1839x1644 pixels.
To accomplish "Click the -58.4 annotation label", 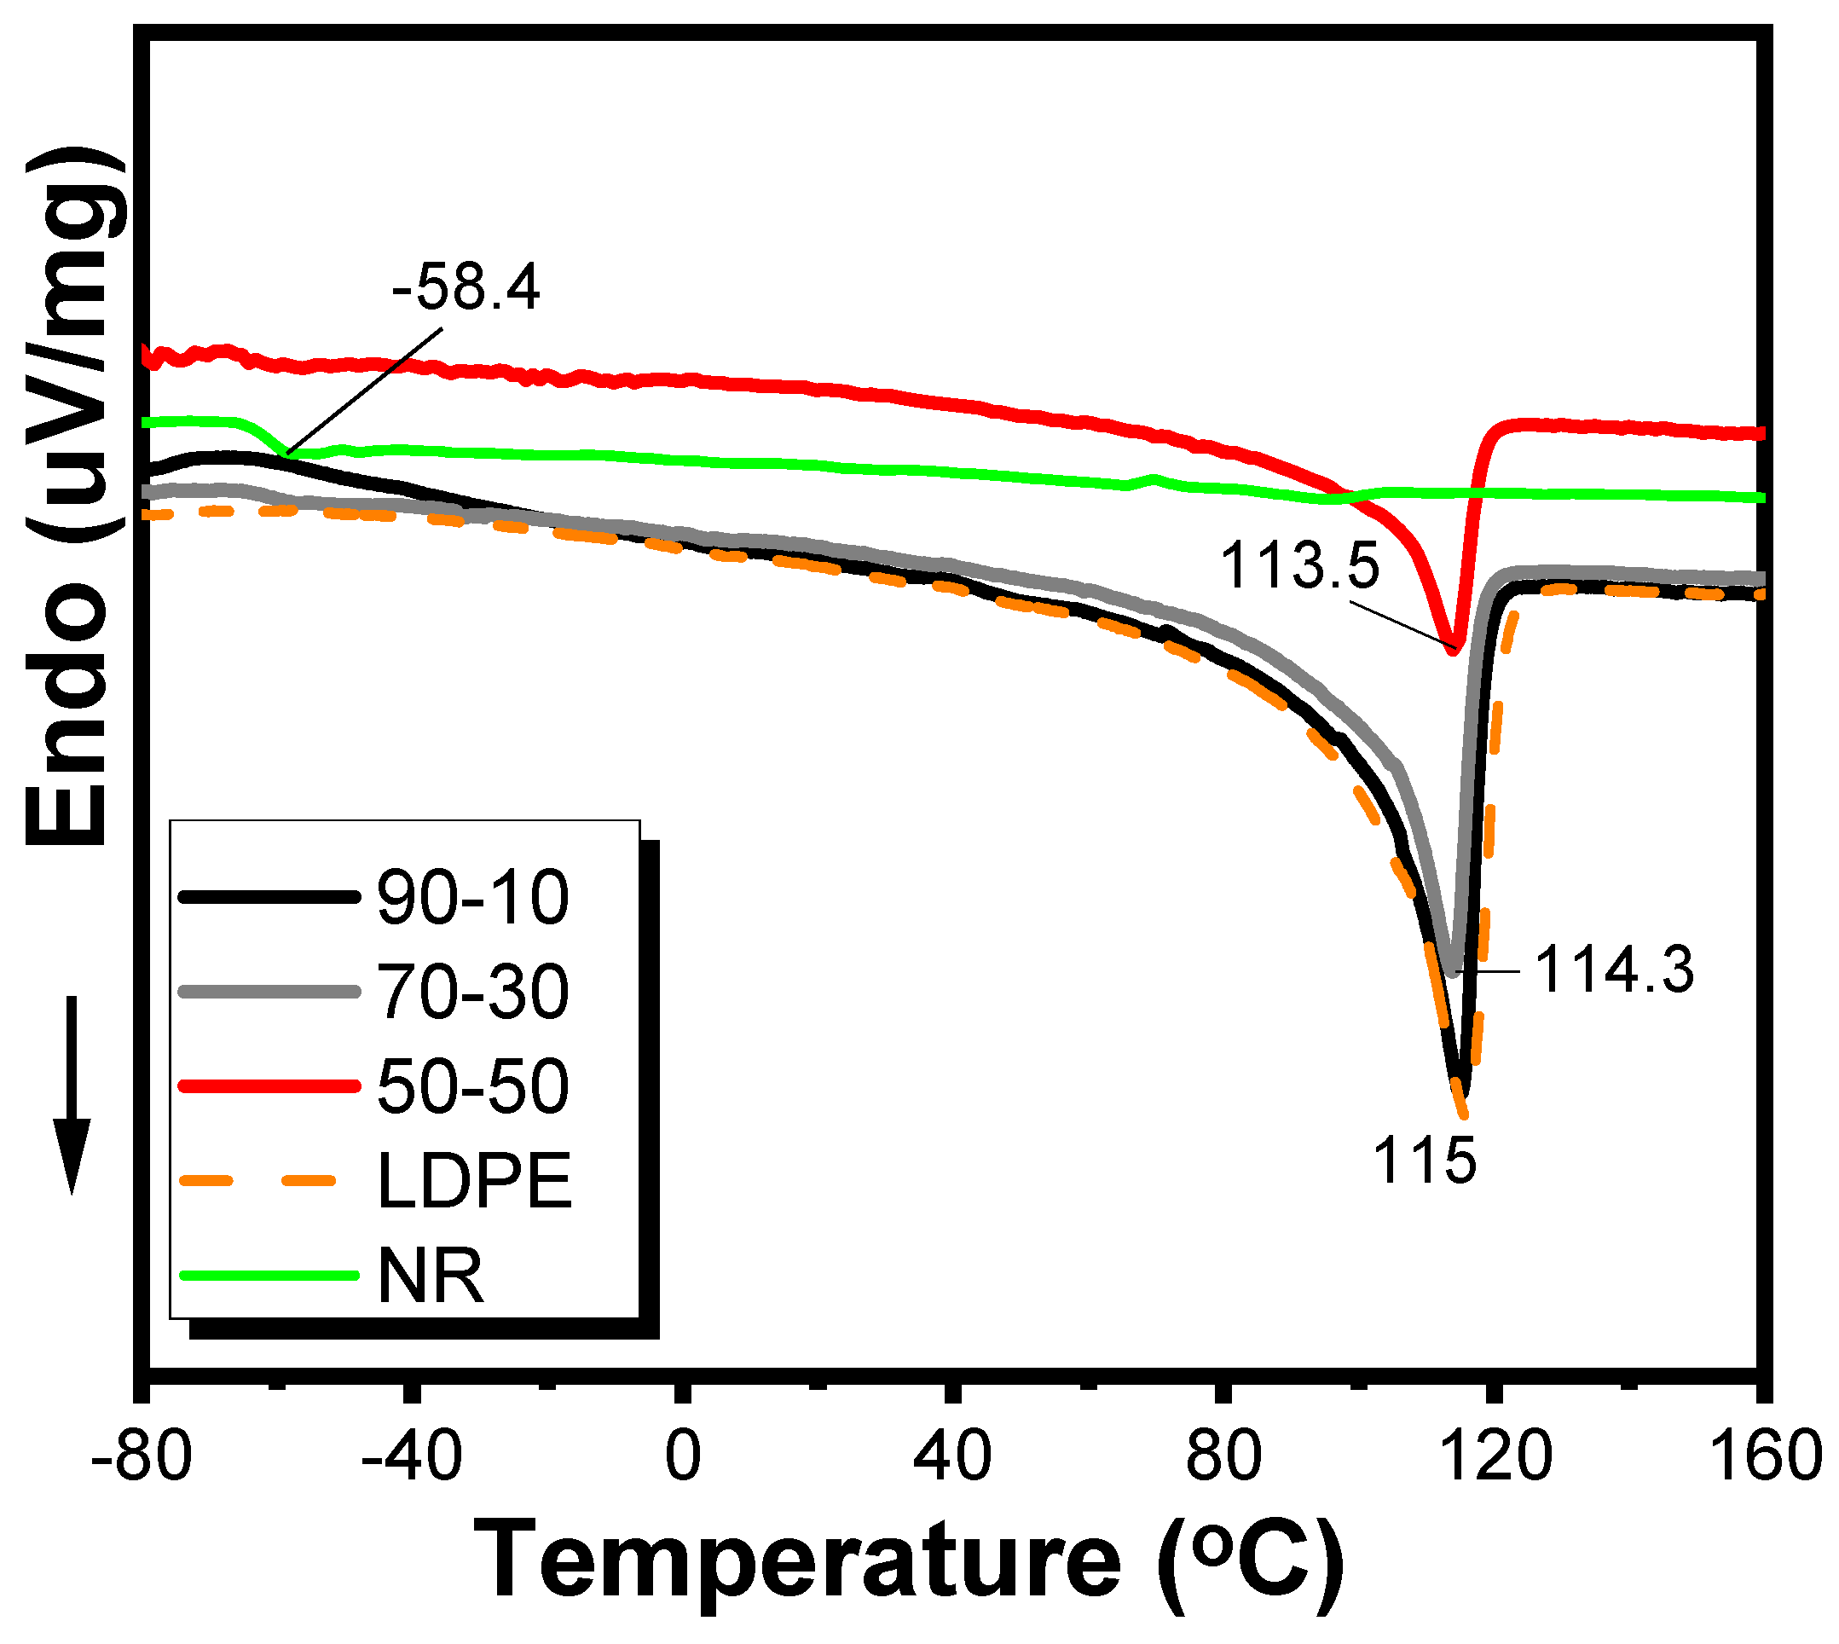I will tap(466, 289).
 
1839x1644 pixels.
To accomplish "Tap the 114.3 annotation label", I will tap(1613, 970).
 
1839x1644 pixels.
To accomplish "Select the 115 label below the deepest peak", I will tap(1425, 1161).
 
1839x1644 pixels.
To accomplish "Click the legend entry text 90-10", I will tap(472, 898).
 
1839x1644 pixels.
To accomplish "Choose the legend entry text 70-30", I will tap(472, 992).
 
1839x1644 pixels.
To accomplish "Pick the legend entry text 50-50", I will tap(472, 1085).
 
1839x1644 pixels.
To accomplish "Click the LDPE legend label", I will tap(474, 1181).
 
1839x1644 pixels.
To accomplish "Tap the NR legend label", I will tap(430, 1276).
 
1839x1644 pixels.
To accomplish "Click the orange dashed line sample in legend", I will tap(269, 1179).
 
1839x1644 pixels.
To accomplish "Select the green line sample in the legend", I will tap(269, 1276).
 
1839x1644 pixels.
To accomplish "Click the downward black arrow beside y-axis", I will tap(72, 1093).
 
